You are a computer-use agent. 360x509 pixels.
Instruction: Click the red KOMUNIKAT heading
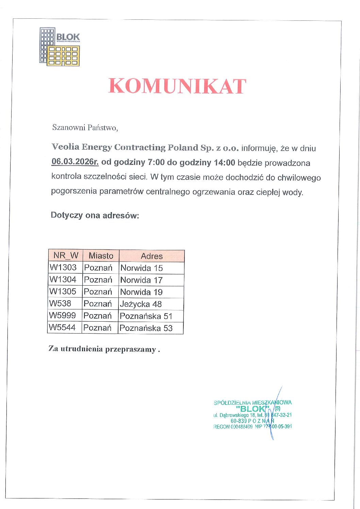[177, 86]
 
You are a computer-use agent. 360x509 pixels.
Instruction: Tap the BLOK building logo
[60, 47]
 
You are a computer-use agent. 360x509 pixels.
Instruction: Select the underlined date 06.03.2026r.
[75, 162]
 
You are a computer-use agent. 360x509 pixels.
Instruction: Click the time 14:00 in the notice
[224, 163]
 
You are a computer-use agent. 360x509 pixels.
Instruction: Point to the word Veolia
[65, 147]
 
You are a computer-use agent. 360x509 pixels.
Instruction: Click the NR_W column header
[66, 255]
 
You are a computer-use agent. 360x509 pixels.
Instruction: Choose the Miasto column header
[101, 256]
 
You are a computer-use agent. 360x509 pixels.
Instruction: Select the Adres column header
[152, 256]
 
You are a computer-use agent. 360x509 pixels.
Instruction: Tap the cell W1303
[63, 267]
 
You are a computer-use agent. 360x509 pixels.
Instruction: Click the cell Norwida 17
[142, 280]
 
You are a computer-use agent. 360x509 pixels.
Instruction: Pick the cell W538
[60, 303]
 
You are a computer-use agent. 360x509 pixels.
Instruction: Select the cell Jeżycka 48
[141, 304]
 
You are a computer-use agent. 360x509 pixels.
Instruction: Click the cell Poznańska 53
[146, 328]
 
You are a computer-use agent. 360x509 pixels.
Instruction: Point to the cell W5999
[62, 316]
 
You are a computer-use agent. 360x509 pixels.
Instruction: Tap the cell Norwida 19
[142, 292]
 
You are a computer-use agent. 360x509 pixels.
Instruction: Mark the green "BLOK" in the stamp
[252, 409]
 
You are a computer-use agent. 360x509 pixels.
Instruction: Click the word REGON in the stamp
[221, 427]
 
